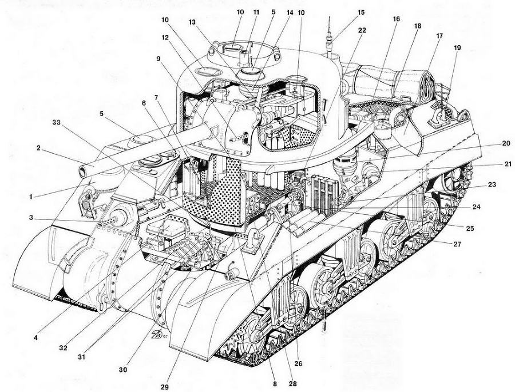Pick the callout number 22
[362, 30]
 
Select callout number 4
[35, 338]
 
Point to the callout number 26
[298, 363]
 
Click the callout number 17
[440, 35]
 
